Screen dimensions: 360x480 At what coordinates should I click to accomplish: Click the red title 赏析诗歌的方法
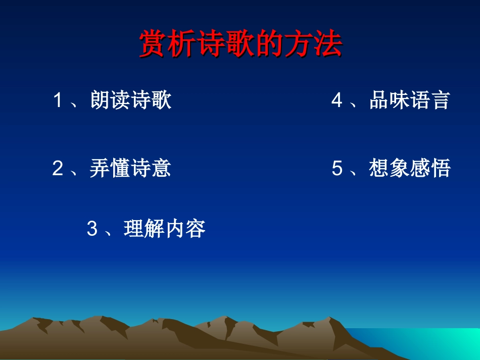[x=241, y=45]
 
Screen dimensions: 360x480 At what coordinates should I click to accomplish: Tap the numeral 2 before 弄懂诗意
[x=58, y=168]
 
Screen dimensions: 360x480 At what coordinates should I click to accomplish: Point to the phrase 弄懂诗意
[x=130, y=168]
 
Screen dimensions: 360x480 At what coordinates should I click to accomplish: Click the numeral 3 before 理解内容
[x=92, y=229]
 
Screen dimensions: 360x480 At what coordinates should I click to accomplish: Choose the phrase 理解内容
[x=165, y=229]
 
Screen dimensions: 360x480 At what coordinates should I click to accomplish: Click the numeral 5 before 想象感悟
[x=337, y=168]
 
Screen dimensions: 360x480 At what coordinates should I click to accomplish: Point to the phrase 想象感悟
[x=409, y=168]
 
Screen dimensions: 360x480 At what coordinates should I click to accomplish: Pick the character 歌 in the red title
[x=241, y=45]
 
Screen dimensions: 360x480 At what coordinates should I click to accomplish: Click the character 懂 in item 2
[x=120, y=168]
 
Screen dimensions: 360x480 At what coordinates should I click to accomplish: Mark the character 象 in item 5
[x=399, y=168]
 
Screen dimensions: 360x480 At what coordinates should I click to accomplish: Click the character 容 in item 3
[x=196, y=229]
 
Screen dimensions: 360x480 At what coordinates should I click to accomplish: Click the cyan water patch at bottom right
[x=435, y=343]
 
